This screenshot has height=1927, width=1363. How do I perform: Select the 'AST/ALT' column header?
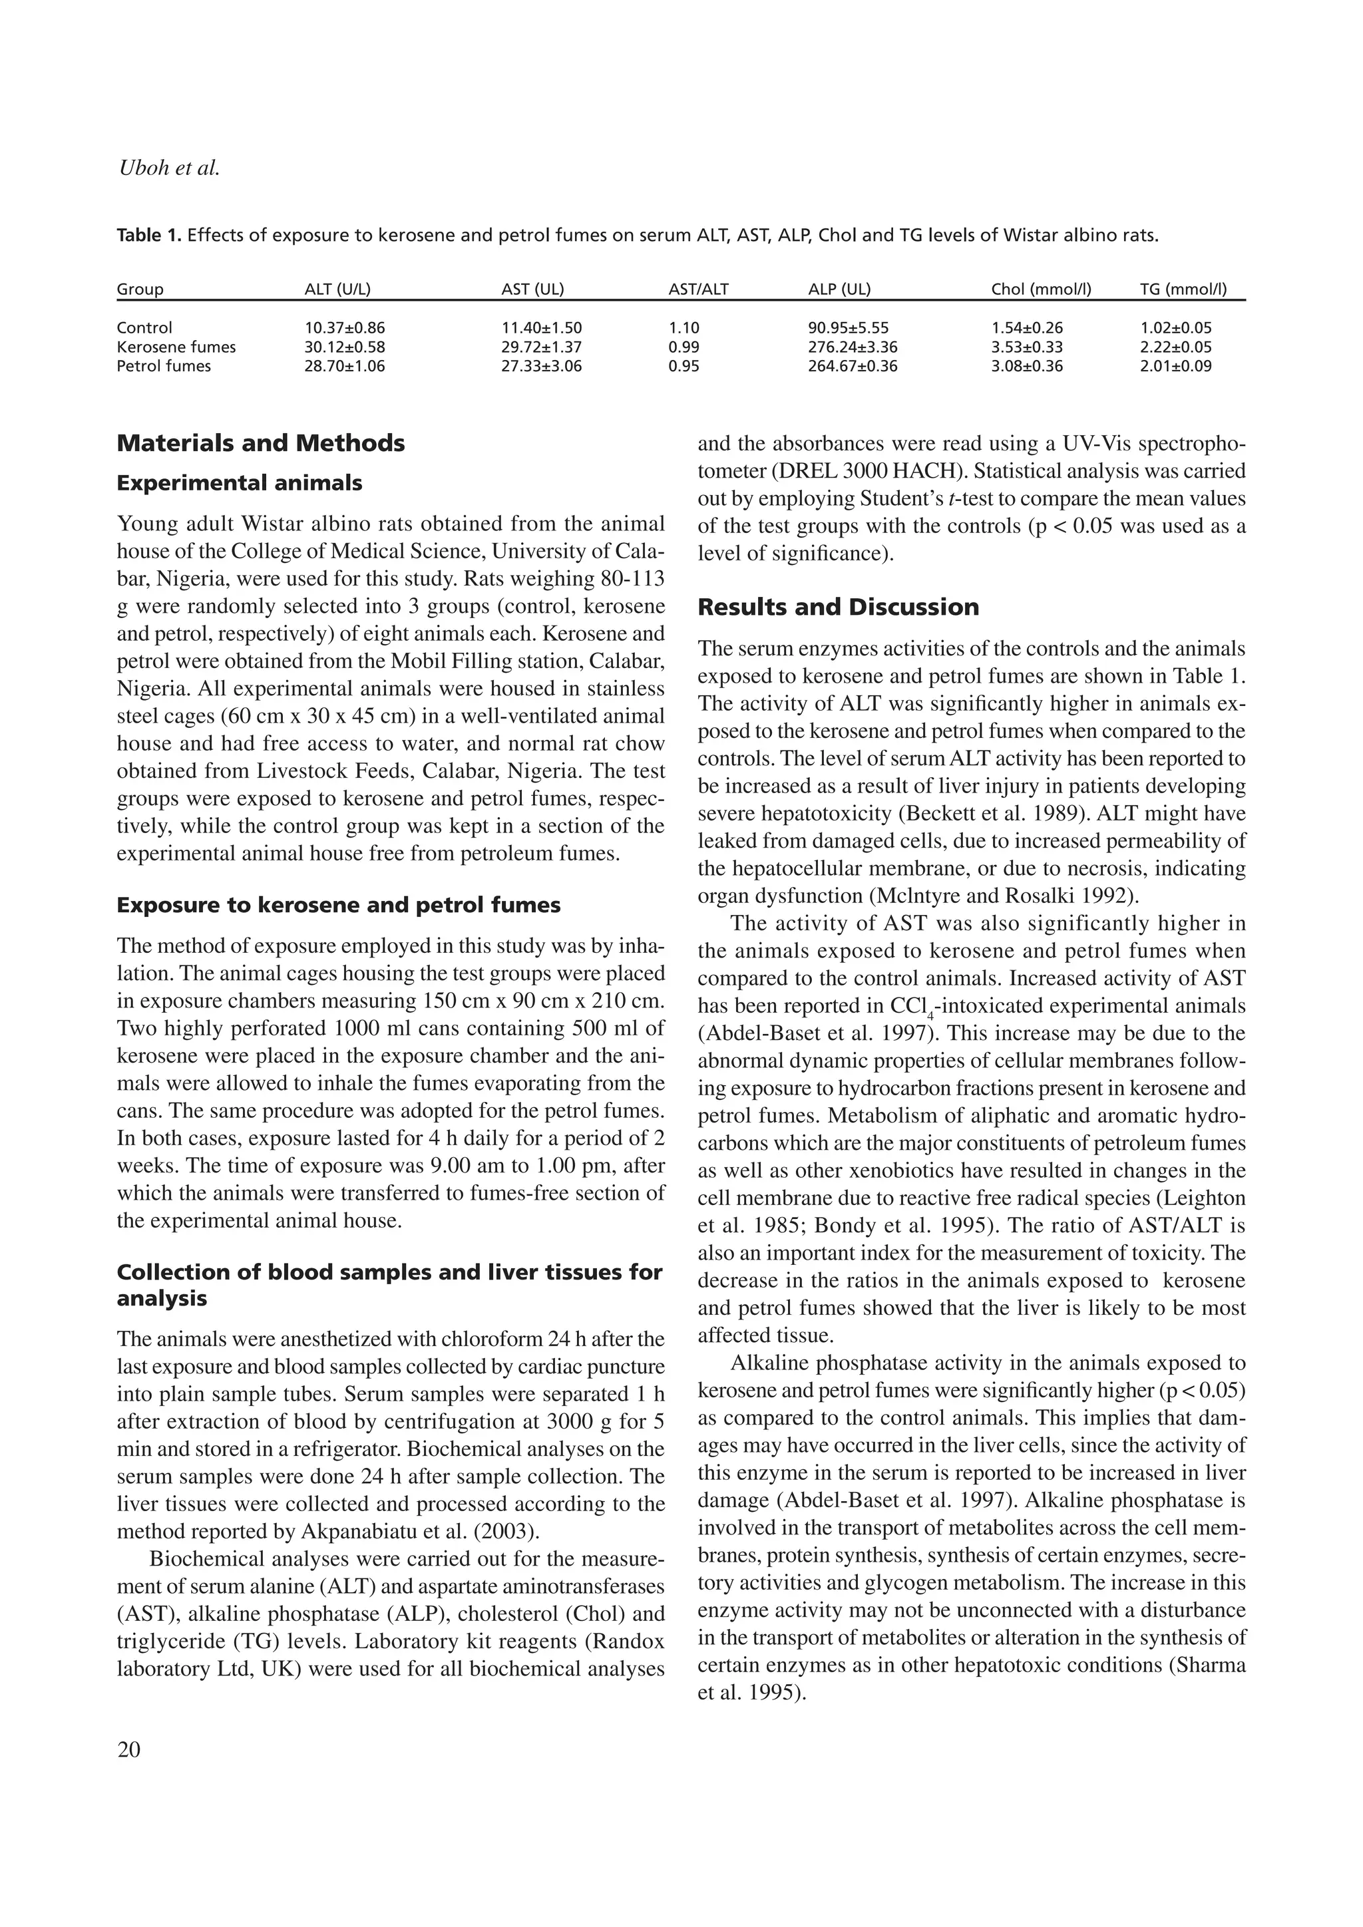pyautogui.click(x=698, y=289)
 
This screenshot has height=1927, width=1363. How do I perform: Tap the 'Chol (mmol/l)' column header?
pyautogui.click(x=1041, y=289)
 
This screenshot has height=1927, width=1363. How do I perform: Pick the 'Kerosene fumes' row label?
pyautogui.click(x=176, y=347)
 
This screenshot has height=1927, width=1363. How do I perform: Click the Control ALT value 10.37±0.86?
pyautogui.click(x=344, y=328)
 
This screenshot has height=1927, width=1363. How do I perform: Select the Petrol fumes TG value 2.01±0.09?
pyautogui.click(x=1175, y=366)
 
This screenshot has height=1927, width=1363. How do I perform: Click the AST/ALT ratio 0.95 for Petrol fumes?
pyautogui.click(x=684, y=366)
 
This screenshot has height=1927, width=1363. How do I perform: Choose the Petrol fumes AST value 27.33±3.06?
pyautogui.click(x=541, y=366)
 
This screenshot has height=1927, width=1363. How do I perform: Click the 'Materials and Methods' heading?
pyautogui.click(x=260, y=443)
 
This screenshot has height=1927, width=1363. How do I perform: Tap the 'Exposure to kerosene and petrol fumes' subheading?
pyautogui.click(x=338, y=905)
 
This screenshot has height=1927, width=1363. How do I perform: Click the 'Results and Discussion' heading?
pyautogui.click(x=838, y=607)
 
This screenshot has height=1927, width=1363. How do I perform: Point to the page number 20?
pyautogui.click(x=129, y=1750)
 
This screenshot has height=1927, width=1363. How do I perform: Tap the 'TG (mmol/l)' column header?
pyautogui.click(x=1183, y=289)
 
